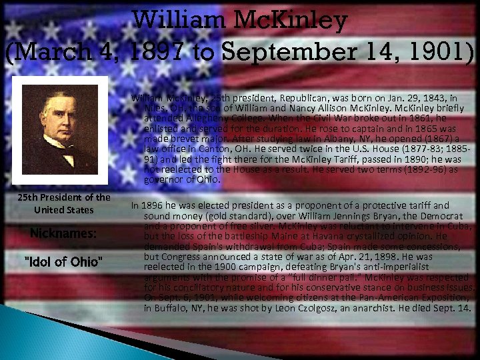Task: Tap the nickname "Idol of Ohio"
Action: pos(63,261)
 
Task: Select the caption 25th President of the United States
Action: pos(64,203)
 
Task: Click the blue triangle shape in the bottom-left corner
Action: pos(27,333)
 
